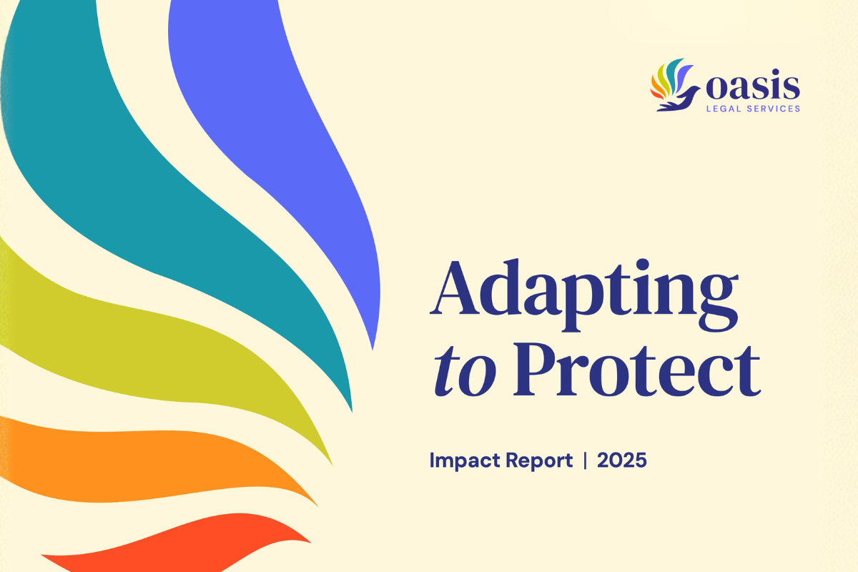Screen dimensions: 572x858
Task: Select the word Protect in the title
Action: pos(637,372)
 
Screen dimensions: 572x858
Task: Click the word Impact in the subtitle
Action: pos(461,461)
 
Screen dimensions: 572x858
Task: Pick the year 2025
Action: pos(622,461)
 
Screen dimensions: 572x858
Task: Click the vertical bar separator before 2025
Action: pos(586,461)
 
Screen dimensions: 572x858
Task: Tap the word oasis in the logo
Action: pos(750,88)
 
